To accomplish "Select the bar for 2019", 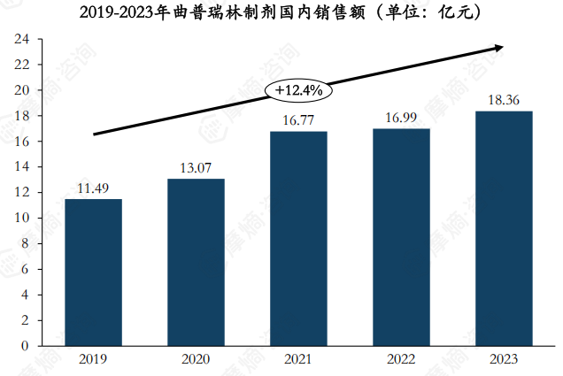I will click(x=93, y=272).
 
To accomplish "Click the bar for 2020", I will click(x=196, y=262).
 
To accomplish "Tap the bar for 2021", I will click(x=298, y=238).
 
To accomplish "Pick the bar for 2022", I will click(x=401, y=236).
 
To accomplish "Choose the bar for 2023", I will click(x=504, y=227).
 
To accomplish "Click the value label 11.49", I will click(x=93, y=188).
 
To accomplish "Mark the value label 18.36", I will click(x=504, y=100).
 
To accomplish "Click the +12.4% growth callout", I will click(x=298, y=90).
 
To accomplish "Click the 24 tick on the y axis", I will click(x=22, y=40).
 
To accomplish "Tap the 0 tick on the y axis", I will click(x=26, y=346).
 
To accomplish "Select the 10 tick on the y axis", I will click(x=22, y=219).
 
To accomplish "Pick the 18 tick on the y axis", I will click(x=22, y=116).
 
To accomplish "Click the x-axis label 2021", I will click(x=298, y=359).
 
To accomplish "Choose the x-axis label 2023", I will click(x=504, y=359).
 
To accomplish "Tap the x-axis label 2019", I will click(x=93, y=359).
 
